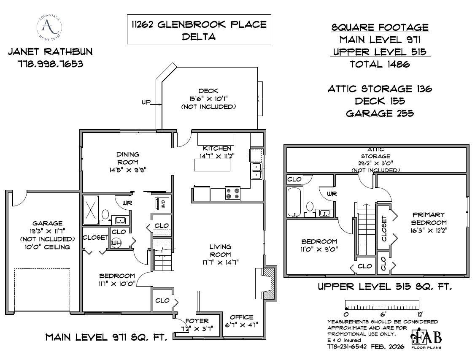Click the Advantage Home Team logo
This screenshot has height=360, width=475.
point(49,27)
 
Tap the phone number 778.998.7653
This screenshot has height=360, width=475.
point(50,65)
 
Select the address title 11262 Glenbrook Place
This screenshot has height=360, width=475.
point(199,24)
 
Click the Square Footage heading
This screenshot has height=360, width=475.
point(380,28)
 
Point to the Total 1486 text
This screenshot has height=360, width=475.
point(380,64)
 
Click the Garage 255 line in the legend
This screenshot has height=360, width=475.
point(380,113)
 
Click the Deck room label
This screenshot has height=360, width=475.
point(208,91)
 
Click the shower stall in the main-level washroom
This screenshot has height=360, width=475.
point(91,210)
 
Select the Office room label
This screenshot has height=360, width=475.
point(242,317)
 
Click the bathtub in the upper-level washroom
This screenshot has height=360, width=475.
point(294,202)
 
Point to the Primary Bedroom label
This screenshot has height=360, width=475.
point(429,219)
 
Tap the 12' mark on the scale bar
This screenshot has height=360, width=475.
point(419,314)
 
